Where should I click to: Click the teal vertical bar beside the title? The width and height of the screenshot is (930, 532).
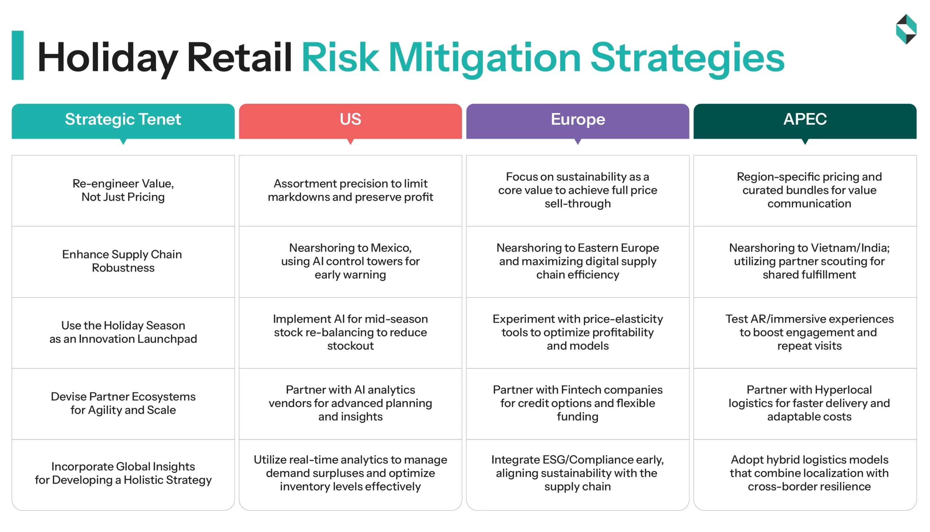point(17,55)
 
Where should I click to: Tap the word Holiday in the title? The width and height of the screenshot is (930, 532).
point(107,58)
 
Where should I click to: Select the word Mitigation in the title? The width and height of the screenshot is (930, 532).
point(484,58)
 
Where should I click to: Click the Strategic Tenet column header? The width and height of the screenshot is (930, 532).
point(123,120)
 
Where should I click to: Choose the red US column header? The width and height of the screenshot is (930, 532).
point(350,120)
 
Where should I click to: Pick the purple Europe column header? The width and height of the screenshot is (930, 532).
point(578,120)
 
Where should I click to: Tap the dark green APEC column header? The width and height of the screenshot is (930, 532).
point(805,120)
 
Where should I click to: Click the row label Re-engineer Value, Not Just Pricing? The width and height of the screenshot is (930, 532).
point(123,190)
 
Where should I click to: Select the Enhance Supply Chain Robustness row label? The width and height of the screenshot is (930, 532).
point(123,261)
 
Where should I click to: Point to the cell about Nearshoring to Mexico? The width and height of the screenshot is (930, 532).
point(350,261)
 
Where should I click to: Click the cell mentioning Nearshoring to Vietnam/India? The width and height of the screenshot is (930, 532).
point(809,261)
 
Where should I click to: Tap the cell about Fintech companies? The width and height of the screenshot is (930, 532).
point(578,403)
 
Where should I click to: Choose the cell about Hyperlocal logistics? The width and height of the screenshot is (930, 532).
point(809,403)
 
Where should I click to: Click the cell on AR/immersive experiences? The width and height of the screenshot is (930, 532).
point(809,332)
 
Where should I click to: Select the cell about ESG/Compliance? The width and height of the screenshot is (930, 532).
point(578,473)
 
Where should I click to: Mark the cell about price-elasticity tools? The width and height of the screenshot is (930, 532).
point(578,332)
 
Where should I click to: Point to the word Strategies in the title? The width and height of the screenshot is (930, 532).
point(687,58)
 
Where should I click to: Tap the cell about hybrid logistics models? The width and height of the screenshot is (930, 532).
point(809,473)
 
